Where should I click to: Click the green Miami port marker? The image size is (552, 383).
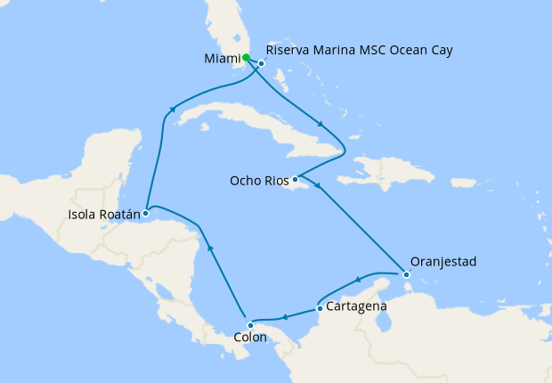coord(246,57)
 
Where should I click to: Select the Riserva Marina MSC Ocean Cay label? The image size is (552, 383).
coord(360,51)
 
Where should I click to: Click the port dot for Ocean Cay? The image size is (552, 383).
coord(262,63)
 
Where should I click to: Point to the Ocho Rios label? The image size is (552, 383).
coord(259,181)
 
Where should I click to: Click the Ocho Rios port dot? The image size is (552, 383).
coord(295,178)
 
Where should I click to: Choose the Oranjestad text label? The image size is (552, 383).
coord(443,262)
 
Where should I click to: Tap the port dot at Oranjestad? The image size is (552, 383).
coord(406,275)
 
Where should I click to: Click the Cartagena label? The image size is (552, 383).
coord(356,306)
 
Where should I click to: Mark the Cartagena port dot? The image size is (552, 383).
coord(320,309)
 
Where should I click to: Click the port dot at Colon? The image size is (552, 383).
coord(250,325)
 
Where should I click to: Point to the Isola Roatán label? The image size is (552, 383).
coord(102,214)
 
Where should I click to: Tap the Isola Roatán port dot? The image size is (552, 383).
coord(145,213)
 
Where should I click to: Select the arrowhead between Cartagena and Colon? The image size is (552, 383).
coord(284,317)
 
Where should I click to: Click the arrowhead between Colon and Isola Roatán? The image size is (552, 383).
coord(210,249)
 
